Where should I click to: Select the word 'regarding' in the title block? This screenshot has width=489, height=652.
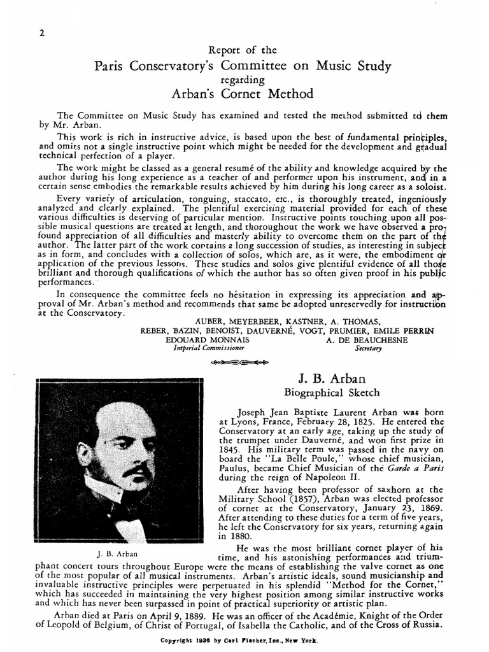click(244, 80)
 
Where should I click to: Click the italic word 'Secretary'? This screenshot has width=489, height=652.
click(368, 349)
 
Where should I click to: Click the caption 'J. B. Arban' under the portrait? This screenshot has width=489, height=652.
click(117, 553)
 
